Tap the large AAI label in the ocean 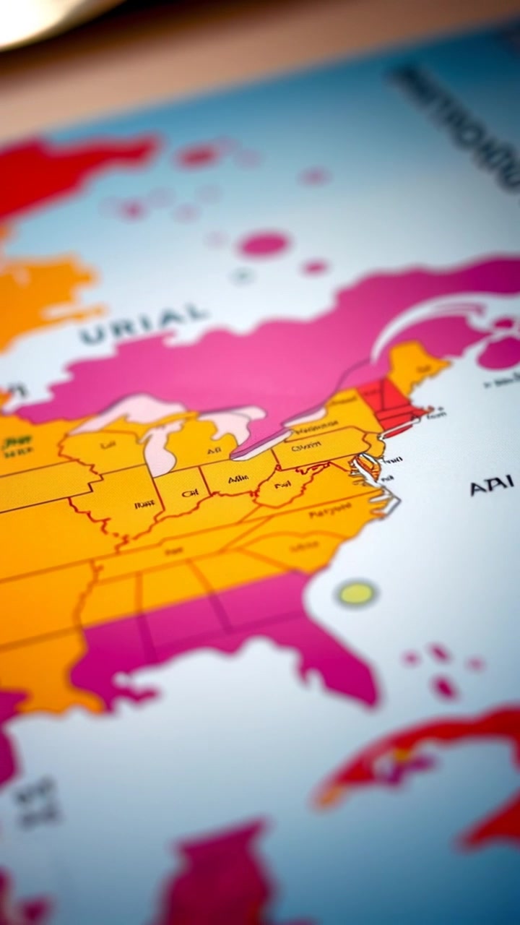point(491,486)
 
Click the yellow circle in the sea point(356,593)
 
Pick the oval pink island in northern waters point(264,244)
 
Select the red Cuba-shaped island point(419,759)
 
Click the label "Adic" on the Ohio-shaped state point(238,479)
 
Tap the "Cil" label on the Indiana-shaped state point(190,494)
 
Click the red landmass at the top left point(65,170)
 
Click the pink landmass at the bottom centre point(217,874)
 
